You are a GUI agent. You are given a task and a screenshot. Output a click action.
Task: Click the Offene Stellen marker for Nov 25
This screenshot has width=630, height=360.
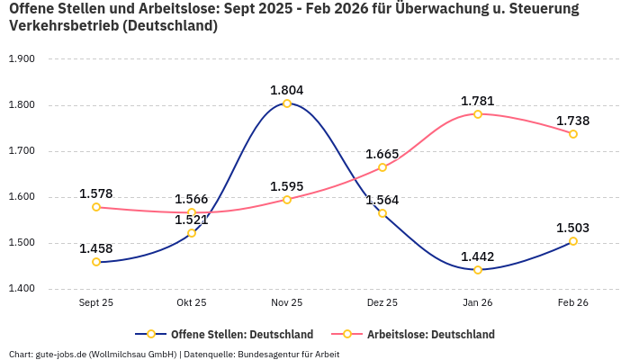(287, 103)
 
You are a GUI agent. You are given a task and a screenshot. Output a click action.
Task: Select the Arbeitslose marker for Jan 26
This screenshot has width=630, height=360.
(478, 114)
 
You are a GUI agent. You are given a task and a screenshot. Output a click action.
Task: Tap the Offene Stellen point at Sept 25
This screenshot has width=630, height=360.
(96, 262)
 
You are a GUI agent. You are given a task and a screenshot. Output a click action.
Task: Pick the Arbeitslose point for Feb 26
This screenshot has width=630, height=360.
(573, 134)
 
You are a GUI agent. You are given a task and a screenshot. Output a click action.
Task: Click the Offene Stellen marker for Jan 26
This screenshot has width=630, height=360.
(478, 270)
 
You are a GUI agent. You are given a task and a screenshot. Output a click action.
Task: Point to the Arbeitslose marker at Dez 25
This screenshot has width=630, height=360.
(382, 167)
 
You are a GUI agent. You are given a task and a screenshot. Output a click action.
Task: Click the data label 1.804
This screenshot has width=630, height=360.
(287, 90)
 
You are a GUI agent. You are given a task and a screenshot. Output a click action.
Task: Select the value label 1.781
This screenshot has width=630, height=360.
(478, 101)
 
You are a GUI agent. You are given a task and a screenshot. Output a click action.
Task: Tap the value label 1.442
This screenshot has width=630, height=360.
(478, 256)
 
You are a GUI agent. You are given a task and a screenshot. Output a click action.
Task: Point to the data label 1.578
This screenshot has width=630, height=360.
(96, 193)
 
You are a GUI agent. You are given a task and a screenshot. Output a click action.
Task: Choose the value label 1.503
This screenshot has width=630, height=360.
(573, 228)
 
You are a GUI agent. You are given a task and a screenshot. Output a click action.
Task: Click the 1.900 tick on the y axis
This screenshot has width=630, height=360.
(21, 59)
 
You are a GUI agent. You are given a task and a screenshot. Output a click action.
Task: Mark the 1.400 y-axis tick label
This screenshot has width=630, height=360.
(21, 289)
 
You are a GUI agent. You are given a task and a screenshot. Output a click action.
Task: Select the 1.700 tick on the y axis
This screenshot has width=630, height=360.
(21, 151)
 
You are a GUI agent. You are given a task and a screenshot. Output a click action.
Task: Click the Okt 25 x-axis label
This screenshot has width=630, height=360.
(192, 303)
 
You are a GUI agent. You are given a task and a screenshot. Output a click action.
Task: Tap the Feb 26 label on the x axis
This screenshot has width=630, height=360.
(573, 303)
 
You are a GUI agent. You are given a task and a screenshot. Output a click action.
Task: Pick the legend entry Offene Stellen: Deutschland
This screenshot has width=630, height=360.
(230, 334)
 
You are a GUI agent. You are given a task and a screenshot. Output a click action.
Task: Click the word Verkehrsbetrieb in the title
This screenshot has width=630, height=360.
(62, 26)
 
